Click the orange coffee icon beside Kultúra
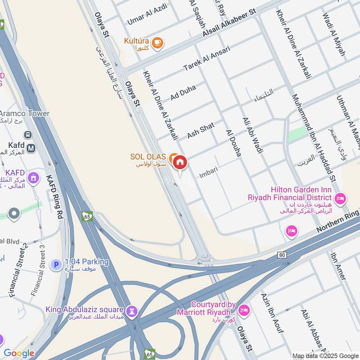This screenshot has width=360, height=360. [x=157, y=43]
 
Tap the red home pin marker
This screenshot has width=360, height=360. [x=180, y=162]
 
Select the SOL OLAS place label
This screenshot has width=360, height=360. [x=148, y=157]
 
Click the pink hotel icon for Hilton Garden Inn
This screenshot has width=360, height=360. [x=340, y=198]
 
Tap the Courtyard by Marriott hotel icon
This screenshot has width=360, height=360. [x=243, y=310]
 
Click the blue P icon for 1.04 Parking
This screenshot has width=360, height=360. [x=56, y=265]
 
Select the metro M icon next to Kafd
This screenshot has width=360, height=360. [x=31, y=148]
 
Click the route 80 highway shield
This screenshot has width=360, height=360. [x=282, y=255]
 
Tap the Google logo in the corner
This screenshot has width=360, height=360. [x=19, y=353]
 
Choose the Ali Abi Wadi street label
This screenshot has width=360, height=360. [x=252, y=135]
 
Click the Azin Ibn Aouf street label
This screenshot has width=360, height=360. [x=272, y=312]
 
